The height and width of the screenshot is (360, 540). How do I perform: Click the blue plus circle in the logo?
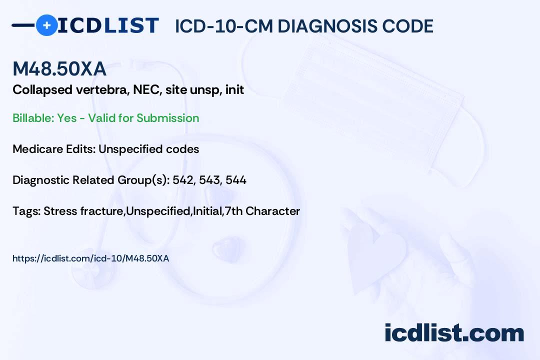46,25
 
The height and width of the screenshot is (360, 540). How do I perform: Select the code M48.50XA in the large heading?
59,68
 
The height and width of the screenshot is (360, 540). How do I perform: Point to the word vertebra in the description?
102,89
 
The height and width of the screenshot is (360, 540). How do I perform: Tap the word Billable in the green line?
33,118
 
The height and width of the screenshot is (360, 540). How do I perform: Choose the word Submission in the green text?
167,118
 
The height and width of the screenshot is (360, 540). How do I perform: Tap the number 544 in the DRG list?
236,180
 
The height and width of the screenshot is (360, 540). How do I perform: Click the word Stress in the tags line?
60,211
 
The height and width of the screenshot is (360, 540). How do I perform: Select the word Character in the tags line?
273,211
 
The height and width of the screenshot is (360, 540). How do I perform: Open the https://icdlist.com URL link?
91,258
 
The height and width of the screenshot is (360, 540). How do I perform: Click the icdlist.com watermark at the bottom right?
454,332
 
